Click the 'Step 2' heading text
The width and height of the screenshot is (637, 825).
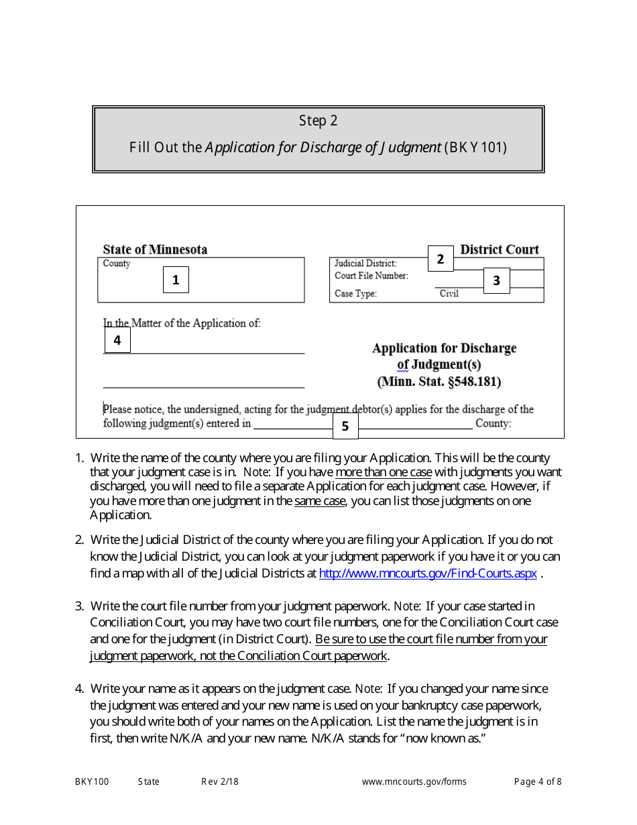pos(318,121)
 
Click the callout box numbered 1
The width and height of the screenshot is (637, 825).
pos(176,280)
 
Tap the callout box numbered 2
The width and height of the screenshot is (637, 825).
pos(441,259)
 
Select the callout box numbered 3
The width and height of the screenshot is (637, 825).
pos(496,280)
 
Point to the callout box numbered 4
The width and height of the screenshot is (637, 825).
pos(117,340)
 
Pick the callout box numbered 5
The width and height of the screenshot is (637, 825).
pos(345,426)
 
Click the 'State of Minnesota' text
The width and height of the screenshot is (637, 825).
pos(155,250)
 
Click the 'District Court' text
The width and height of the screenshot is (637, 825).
pos(500,250)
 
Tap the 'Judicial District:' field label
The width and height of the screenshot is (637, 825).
pos(365,264)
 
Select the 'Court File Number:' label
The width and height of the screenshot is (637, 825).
pos(371,276)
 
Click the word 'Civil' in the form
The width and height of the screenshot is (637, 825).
pos(449,294)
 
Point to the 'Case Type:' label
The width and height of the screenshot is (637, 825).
pos(355,294)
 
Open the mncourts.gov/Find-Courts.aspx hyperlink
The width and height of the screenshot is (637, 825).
pos(428,573)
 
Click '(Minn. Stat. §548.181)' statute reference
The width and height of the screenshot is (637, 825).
pos(439,382)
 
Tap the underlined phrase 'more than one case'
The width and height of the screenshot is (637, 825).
pos(384,472)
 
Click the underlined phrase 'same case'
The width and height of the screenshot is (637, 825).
pos(320,500)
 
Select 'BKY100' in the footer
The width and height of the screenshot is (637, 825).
pos(92,781)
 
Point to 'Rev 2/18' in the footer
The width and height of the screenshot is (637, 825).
pos(220,781)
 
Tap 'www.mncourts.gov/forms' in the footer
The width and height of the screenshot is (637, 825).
pos(414,781)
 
